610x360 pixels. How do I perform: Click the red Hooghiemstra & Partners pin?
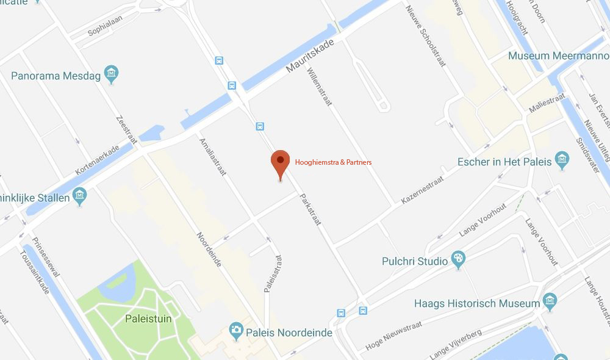tap(280, 162)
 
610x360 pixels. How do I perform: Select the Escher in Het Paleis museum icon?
tap(562, 162)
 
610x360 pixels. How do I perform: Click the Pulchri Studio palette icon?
tap(457, 261)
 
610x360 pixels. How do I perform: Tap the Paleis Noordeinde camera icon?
tap(236, 332)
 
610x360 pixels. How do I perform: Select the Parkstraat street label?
tap(310, 210)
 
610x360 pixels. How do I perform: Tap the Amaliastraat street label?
tap(213, 157)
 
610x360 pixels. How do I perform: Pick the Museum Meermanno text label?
tap(559, 56)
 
